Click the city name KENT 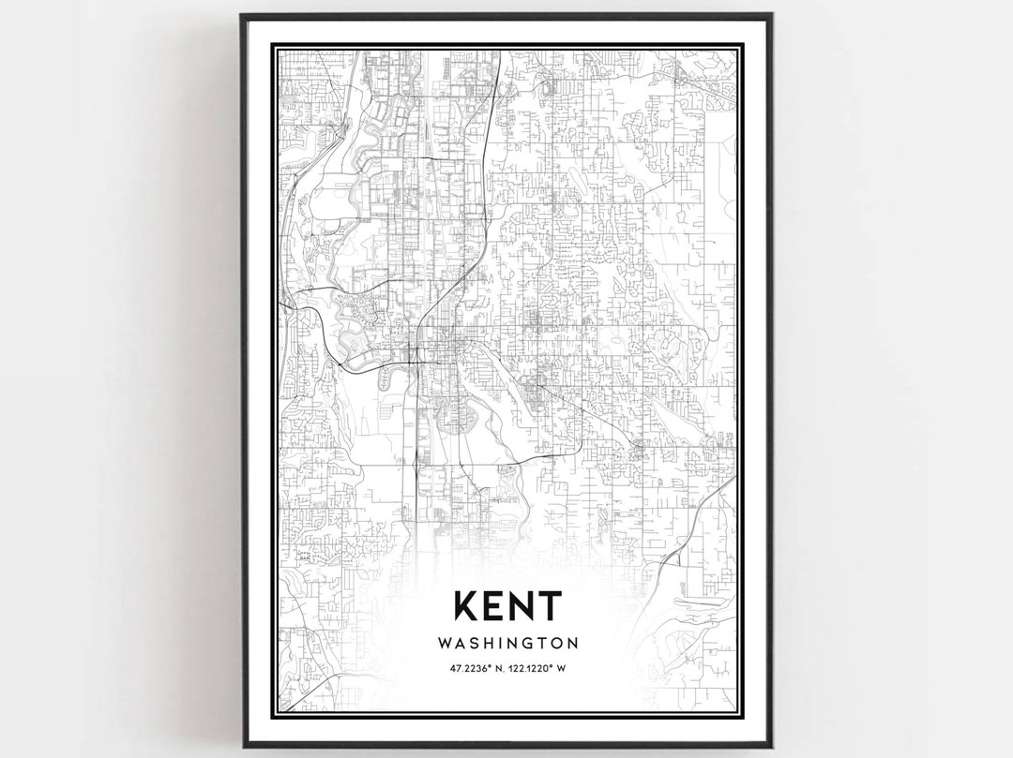[507, 606]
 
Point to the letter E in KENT [495, 606]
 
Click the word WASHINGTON [507, 644]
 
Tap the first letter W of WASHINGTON [443, 644]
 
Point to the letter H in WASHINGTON [490, 644]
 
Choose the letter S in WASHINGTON [475, 644]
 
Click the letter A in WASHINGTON [460, 644]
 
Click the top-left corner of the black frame [242, 15]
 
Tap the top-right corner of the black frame [771, 15]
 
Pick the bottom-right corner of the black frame [771, 746]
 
